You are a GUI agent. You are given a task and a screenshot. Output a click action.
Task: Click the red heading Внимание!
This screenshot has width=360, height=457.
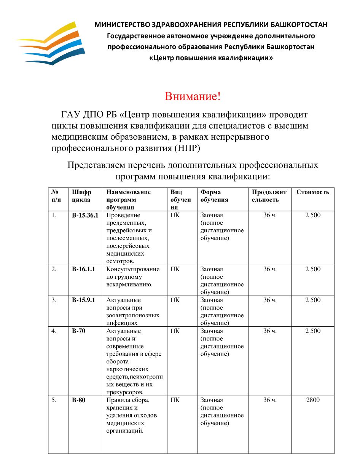tap(193, 96)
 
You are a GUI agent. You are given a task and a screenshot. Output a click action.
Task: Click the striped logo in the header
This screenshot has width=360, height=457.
tap(51, 43)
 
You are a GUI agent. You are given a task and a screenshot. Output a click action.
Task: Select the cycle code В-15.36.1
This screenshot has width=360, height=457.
tap(85, 215)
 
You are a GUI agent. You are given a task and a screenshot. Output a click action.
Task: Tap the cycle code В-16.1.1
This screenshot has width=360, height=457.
tap(83, 269)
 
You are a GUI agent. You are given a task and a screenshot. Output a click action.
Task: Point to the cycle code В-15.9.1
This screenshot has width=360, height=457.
tap(83, 300)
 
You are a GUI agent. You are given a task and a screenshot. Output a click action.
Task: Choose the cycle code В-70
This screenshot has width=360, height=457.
tap(78, 331)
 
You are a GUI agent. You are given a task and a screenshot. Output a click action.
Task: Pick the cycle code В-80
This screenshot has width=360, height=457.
tap(78, 400)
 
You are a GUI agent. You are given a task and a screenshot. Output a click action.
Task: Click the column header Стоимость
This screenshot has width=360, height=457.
tap(313, 192)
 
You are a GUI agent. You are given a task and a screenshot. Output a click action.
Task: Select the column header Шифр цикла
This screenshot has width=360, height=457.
tap(81, 196)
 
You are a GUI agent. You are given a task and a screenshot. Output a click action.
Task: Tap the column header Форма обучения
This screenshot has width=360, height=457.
tap(214, 196)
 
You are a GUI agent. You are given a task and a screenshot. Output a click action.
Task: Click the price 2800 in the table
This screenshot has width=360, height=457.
tap(313, 400)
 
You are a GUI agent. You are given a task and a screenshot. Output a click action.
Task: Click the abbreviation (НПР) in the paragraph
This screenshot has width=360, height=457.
tap(187, 148)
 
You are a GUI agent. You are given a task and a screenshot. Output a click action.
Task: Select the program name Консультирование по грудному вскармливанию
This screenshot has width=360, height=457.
tap(133, 277)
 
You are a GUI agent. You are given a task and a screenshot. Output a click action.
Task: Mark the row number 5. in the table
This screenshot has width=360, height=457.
tap(54, 400)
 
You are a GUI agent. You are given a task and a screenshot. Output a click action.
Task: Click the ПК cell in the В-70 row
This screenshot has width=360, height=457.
tap(175, 331)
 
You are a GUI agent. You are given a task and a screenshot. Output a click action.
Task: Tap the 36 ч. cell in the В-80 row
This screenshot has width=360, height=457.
tap(270, 400)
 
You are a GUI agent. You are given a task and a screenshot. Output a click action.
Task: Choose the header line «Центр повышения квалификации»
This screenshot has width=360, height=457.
tap(211, 58)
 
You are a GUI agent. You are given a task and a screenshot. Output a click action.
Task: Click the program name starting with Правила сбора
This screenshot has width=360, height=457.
tap(131, 415)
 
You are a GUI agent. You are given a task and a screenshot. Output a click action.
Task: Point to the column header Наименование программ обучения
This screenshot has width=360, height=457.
tap(129, 200)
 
